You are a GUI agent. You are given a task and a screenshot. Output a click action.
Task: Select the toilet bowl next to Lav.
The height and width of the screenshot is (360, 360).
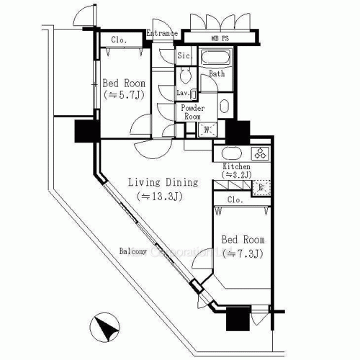pos(185,76)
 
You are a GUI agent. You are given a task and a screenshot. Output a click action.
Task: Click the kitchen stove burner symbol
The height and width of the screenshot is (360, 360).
pos(258,153)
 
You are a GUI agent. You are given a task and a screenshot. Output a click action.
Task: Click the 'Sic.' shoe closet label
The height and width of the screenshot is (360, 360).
pos(184,55)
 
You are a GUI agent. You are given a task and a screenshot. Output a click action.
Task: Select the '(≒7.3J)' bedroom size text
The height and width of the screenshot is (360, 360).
pos(242,253)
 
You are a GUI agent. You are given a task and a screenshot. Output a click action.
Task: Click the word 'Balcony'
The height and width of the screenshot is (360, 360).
pos(134,251)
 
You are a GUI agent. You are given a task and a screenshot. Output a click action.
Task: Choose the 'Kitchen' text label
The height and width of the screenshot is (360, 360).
pos(237,166)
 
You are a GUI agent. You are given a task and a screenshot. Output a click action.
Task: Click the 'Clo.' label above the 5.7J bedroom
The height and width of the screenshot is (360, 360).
pos(120,40)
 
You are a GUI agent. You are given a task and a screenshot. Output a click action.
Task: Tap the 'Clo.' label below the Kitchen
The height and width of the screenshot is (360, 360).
pos(234,199)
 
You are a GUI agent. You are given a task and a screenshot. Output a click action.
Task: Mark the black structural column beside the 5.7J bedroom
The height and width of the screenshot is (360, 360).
pos(85,132)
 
